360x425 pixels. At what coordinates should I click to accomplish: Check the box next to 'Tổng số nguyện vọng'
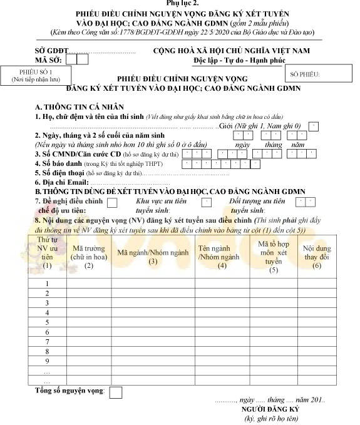point(115,392)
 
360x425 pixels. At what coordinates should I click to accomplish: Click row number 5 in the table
point(46,323)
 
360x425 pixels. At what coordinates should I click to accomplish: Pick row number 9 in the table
point(46,361)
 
